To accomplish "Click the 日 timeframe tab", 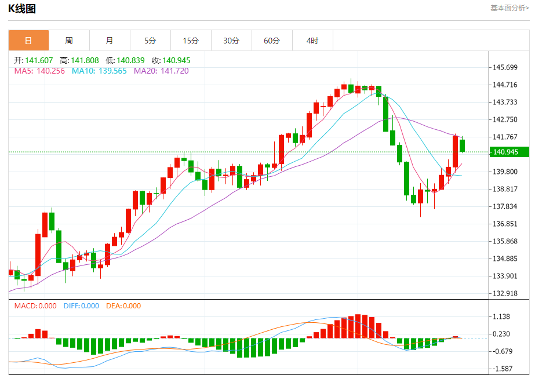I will click(x=28, y=41).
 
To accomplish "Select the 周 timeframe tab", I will click(x=69, y=41).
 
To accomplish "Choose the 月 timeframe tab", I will click(x=110, y=41).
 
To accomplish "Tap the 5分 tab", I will click(x=150, y=41).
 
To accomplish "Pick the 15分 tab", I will click(x=191, y=41).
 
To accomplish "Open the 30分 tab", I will click(x=231, y=41).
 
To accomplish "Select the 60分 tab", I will click(x=272, y=41).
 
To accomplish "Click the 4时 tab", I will click(x=312, y=41).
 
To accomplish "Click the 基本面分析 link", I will click(x=509, y=8).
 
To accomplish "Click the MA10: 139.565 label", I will click(x=99, y=71).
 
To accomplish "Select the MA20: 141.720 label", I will click(x=161, y=71).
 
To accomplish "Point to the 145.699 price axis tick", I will click(x=504, y=67).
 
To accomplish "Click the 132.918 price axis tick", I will click(x=504, y=293).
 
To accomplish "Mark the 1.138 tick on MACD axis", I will click(x=501, y=316).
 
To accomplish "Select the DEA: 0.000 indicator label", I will click(x=123, y=306).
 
